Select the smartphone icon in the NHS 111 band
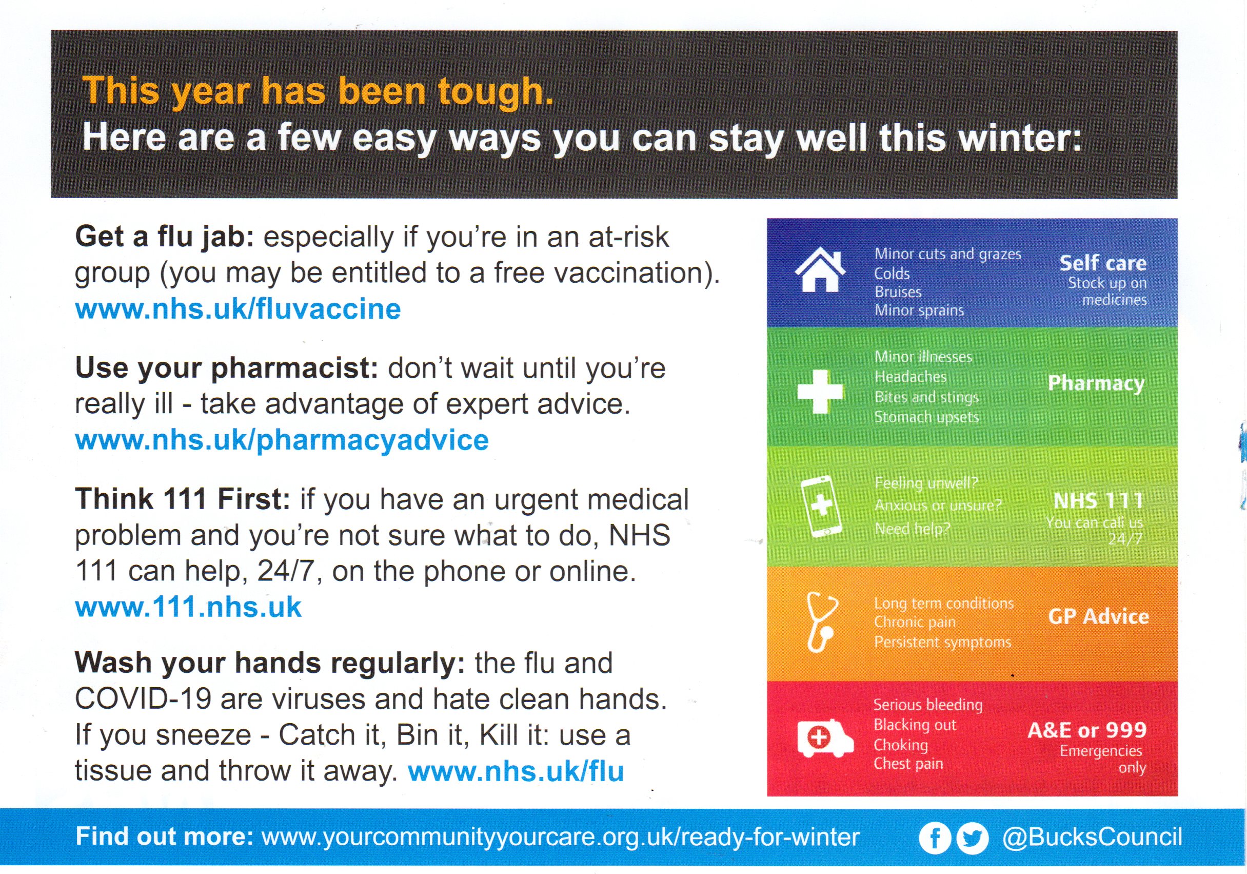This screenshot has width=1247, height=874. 821,506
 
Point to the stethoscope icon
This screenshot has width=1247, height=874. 822,622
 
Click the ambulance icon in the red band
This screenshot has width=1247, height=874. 824,737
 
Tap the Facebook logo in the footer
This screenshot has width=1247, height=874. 935,838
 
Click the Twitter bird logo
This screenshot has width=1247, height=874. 972,838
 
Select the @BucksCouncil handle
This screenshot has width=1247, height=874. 1092,837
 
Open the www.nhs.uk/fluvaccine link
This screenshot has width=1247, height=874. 238,309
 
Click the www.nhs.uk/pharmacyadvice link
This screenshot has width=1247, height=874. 282,440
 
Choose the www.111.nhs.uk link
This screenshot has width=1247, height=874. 188,607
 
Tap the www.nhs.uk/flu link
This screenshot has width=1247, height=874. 516,771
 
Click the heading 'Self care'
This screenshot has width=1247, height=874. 1103,263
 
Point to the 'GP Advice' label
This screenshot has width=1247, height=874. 1098,616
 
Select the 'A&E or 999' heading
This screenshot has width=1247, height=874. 1087,730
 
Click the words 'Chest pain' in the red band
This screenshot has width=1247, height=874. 908,764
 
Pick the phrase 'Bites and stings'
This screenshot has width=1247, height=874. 926,397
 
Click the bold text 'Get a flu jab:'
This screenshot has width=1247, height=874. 165,238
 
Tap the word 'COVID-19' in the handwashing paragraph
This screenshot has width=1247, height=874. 143,699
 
